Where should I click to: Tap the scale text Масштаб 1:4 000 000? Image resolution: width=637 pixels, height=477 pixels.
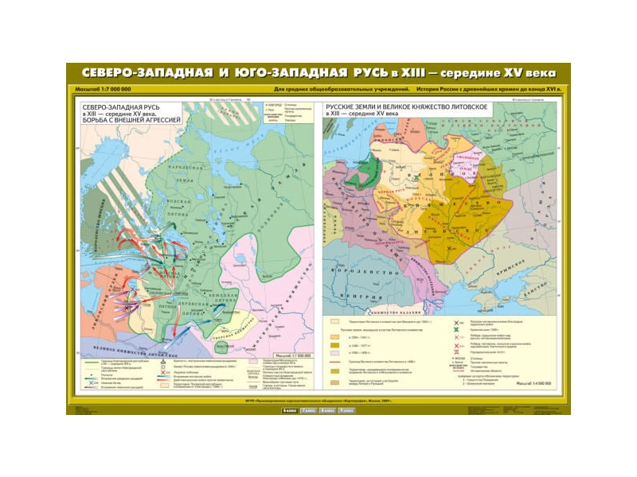(x=534, y=384)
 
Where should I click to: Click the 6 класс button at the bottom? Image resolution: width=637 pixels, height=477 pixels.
(x=291, y=410)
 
